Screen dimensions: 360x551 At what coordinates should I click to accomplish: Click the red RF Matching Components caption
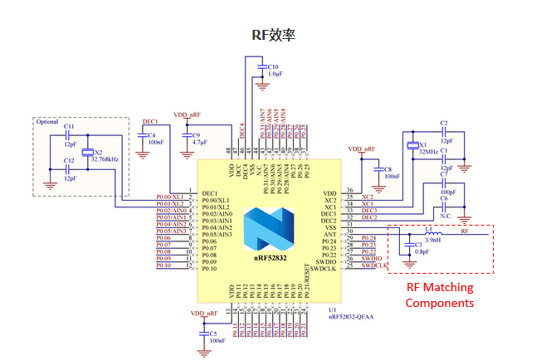coord(439,295)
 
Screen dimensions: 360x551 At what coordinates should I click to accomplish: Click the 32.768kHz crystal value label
coord(105,158)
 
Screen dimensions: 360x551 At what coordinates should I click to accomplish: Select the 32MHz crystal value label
coord(430,153)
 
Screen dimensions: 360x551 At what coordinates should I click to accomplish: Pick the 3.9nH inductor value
coord(432,240)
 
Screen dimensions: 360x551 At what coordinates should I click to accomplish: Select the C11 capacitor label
coord(69,127)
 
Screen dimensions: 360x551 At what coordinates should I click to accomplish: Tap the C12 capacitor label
coord(69,159)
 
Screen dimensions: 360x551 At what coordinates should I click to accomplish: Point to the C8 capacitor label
coord(388,168)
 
